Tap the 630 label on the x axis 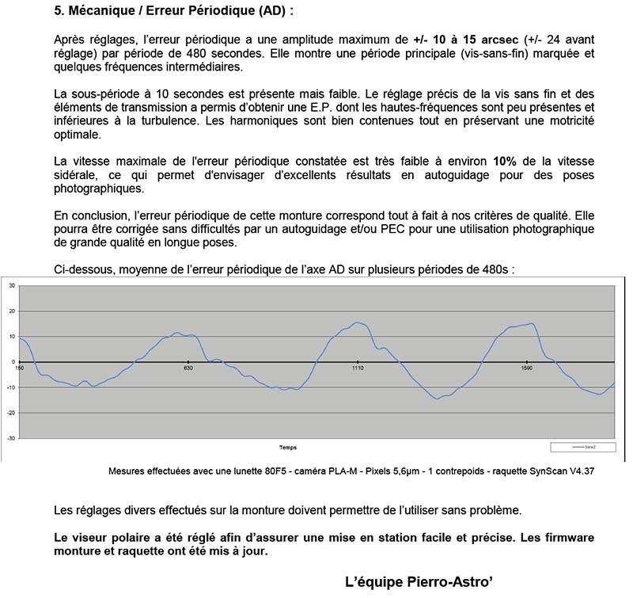[188, 368]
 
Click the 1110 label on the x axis [358, 368]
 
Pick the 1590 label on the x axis [527, 368]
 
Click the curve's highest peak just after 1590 [531, 323]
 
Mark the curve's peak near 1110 [358, 322]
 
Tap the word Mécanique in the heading [104, 13]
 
